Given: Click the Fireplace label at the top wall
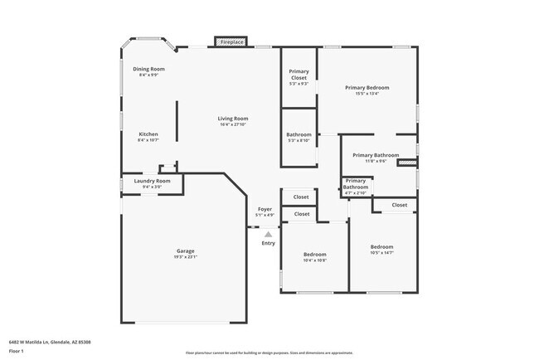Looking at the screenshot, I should pos(231,41).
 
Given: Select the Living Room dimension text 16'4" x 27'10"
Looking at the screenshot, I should pos(234,125).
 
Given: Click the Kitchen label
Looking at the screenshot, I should pos(148,134).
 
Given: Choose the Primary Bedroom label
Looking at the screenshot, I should pos(367,87).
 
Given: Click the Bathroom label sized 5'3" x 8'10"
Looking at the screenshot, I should pos(299,134).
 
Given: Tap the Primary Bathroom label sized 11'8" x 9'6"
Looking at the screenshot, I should pos(376,155).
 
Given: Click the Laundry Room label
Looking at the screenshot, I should pos(152,181).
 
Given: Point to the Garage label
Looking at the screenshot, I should pos(185,251).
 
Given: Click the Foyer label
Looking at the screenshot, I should pos(265,209).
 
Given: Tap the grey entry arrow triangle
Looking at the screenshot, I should pos(268,235).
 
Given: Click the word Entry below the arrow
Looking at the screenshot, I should pos(268,243).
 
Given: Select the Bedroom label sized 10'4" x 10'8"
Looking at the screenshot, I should pos(314,254).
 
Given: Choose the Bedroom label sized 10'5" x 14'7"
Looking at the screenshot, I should pos(381,247).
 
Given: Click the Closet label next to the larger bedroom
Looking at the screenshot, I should pos(399,205).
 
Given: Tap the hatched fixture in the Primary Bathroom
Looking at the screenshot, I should pos(406,163).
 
